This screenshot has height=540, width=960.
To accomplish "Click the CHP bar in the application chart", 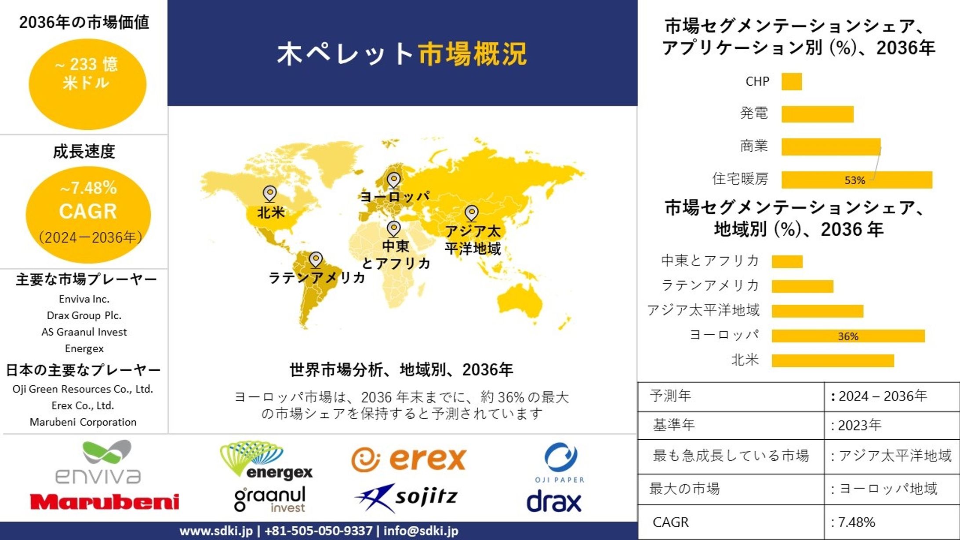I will (791, 82).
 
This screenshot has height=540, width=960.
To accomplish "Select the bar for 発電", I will (817, 114).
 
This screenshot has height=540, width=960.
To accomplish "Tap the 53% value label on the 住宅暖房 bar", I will (855, 180).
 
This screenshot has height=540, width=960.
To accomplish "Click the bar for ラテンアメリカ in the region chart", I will (802, 286).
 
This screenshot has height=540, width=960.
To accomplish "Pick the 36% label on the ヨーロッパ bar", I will (848, 336).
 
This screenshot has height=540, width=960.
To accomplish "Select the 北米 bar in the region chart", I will (833, 361).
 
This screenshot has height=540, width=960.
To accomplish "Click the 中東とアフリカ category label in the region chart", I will (710, 261).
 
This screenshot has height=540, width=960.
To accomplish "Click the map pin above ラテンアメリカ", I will (316, 259).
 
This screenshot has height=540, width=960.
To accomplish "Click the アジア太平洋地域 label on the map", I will (473, 240).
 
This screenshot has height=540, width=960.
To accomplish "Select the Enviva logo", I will (98, 463).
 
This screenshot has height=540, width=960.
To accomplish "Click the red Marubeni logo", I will (104, 502).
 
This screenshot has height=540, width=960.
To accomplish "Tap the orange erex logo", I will (409, 460).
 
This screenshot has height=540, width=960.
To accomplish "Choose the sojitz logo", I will (406, 497).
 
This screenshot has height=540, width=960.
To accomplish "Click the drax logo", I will (554, 502).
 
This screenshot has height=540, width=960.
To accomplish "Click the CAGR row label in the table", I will (670, 522).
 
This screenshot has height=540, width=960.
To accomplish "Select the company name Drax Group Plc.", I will (84, 316).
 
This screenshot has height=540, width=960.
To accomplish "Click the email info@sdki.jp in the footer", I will (421, 531).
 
